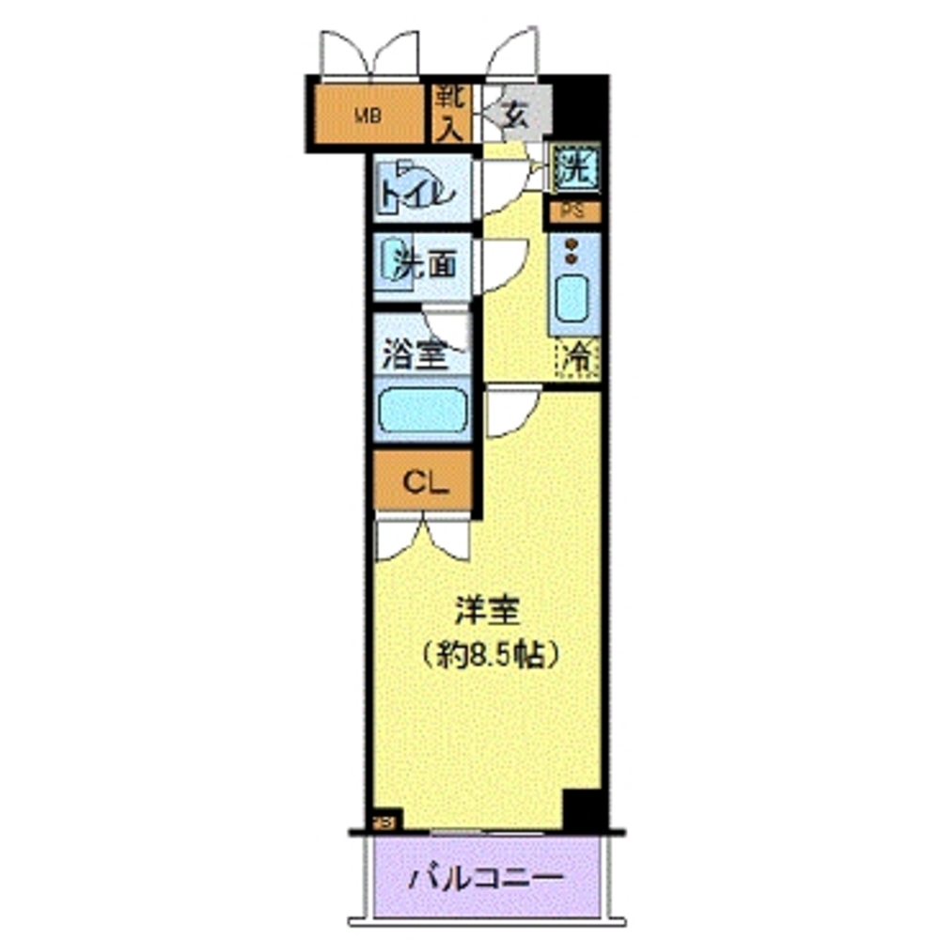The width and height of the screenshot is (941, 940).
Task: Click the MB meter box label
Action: coord(368,117)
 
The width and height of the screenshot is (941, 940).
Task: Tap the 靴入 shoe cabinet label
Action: coord(450,113)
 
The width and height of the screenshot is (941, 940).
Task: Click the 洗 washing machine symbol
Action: coord(573,170)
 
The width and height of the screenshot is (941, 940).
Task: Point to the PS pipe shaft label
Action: coord(573,211)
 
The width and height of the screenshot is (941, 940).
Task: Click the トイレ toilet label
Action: coord(417,193)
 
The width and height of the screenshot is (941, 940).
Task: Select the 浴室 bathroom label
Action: coord(413,354)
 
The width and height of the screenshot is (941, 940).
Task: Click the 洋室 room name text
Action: coord(488,613)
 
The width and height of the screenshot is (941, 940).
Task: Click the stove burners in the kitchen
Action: coord(571,252)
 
